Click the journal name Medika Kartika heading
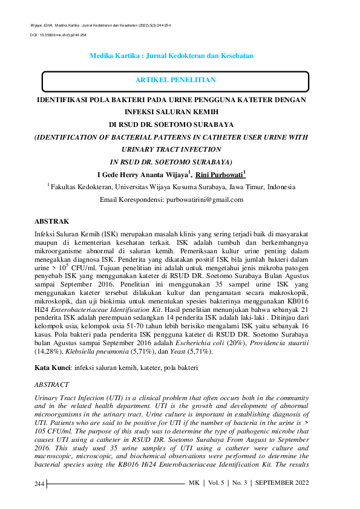[x=171, y=55]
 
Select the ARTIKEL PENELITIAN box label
[x=175, y=80]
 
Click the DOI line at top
[x=58, y=36]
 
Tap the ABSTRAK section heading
[x=53, y=222]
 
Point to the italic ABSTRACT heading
[x=51, y=384]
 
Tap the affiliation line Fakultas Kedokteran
[x=172, y=187]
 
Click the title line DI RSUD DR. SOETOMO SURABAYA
[x=171, y=124]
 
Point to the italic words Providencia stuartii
[x=292, y=343]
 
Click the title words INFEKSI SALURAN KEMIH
[x=171, y=112]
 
